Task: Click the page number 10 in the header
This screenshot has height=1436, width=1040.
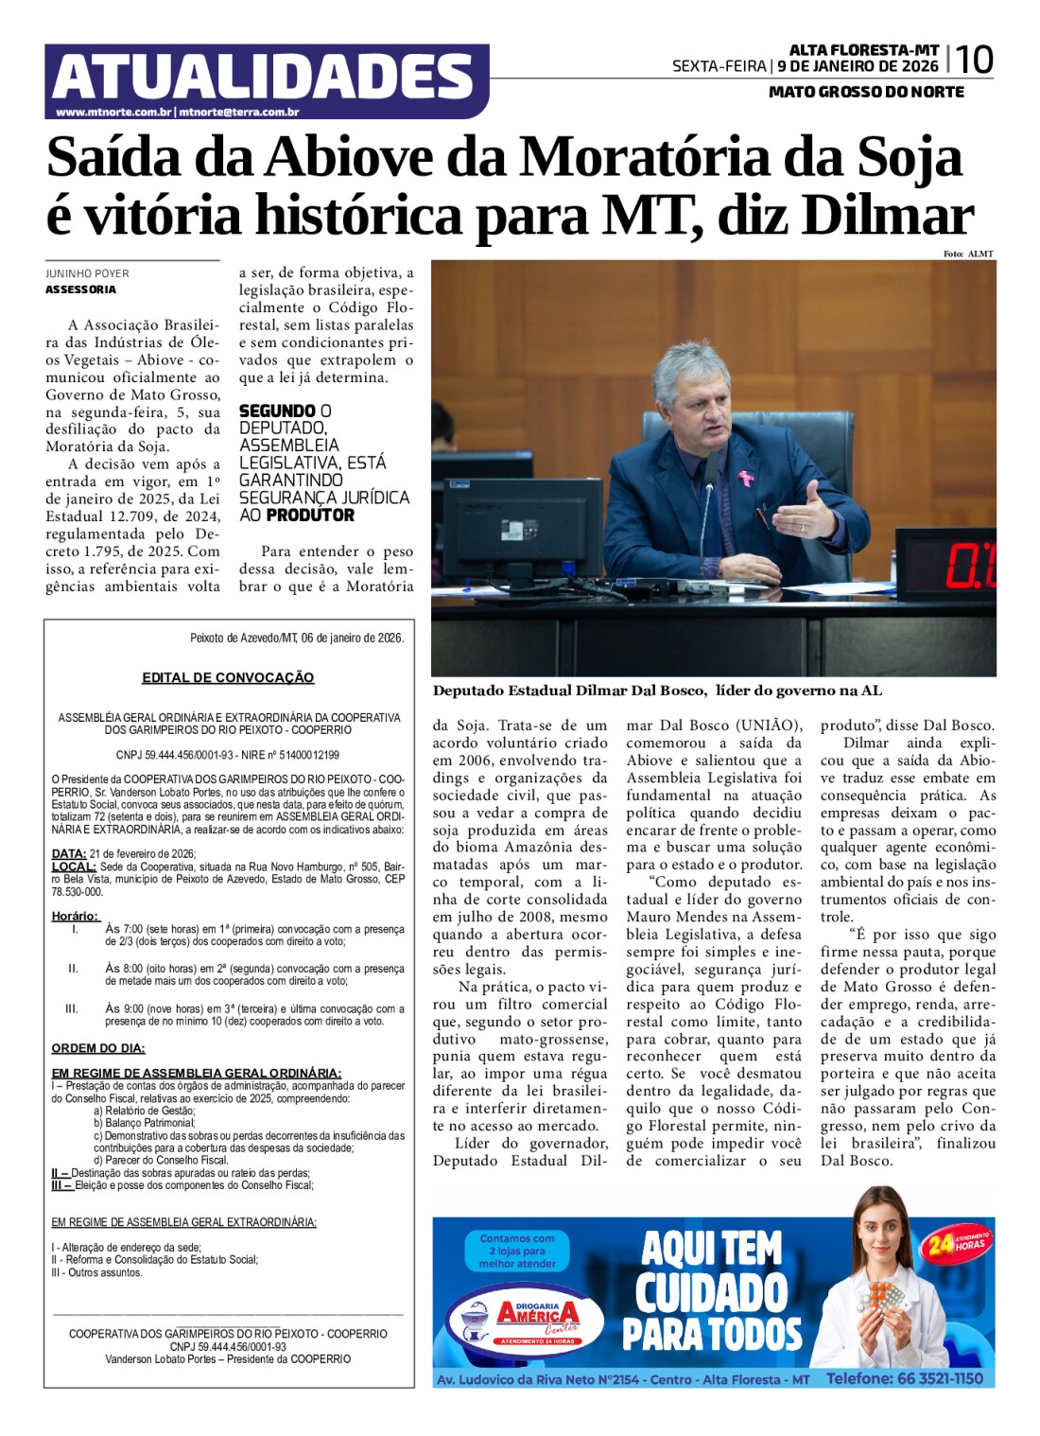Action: coord(974,61)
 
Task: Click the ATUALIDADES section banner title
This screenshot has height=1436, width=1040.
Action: coord(264,78)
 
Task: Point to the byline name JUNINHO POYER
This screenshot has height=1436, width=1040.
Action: coord(87,273)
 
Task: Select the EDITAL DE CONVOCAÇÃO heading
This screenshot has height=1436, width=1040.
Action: coord(228,677)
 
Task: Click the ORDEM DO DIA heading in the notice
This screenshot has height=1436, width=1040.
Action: coord(98,1048)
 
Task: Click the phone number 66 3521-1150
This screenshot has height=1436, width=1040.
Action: coord(904,1378)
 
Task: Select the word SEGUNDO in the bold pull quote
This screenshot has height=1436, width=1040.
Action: coord(277,412)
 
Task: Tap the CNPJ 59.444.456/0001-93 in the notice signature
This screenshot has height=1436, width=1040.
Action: coord(228,1346)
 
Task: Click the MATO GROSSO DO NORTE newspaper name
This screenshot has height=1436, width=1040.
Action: coord(866,92)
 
